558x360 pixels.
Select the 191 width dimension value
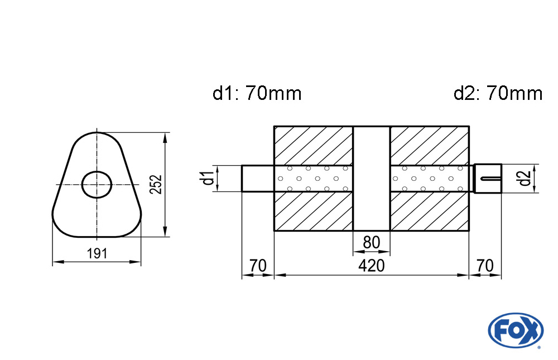pyautogui.click(x=97, y=254)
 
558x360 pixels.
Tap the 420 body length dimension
pyautogui.click(x=371, y=266)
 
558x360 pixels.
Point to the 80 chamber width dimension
pyautogui.click(x=371, y=243)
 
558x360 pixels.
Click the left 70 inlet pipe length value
pyautogui.click(x=258, y=266)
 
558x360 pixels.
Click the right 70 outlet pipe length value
pyautogui.click(x=485, y=266)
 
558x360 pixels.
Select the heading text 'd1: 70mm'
pyautogui.click(x=257, y=93)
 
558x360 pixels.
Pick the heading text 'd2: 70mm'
pyautogui.click(x=498, y=93)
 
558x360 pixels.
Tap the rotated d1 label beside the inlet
pyautogui.click(x=207, y=179)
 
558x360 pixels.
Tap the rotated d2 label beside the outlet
pyautogui.click(x=523, y=179)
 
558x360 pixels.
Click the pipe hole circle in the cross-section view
pyautogui.click(x=97, y=184)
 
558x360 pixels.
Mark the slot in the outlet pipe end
pyautogui.click(x=489, y=179)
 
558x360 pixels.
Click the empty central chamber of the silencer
pyautogui.click(x=371, y=179)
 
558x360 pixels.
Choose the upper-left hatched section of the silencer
pyautogui.click(x=313, y=146)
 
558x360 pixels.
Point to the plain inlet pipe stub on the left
pyautogui.click(x=257, y=179)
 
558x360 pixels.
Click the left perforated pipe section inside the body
pyautogui.click(x=313, y=179)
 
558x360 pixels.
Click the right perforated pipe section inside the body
pyautogui.click(x=429, y=179)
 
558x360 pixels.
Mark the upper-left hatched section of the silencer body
pyautogui.click(x=313, y=146)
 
